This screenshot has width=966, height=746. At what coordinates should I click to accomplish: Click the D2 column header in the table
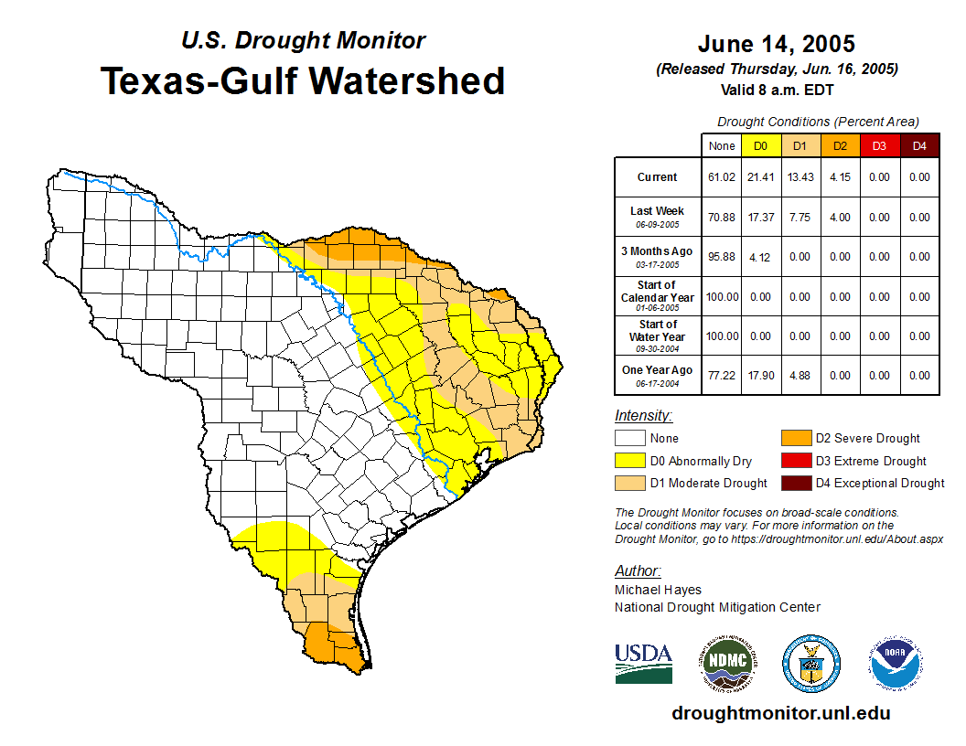point(840,146)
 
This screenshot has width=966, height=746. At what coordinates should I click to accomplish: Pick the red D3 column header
point(879,146)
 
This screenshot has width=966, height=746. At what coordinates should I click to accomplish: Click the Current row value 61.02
point(722,177)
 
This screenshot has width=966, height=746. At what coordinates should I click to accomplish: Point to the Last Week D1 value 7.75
point(800,218)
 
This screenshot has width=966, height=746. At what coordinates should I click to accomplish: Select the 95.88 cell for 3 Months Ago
point(722,257)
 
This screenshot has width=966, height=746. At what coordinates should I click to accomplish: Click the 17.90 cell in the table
point(761,376)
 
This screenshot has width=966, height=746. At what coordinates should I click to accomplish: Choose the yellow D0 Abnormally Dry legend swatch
point(629,461)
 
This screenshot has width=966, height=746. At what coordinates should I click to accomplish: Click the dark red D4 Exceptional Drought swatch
point(794,483)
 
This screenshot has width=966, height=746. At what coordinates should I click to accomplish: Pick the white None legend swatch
point(629,439)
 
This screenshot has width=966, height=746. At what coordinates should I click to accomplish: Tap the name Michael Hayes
point(658,590)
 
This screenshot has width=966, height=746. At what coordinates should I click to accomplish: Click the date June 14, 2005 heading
point(777,43)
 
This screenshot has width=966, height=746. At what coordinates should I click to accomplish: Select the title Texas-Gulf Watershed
point(302,80)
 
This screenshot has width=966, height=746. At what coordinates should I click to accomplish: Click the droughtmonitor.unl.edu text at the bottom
point(780,713)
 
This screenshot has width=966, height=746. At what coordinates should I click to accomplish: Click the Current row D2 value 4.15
point(840,177)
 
